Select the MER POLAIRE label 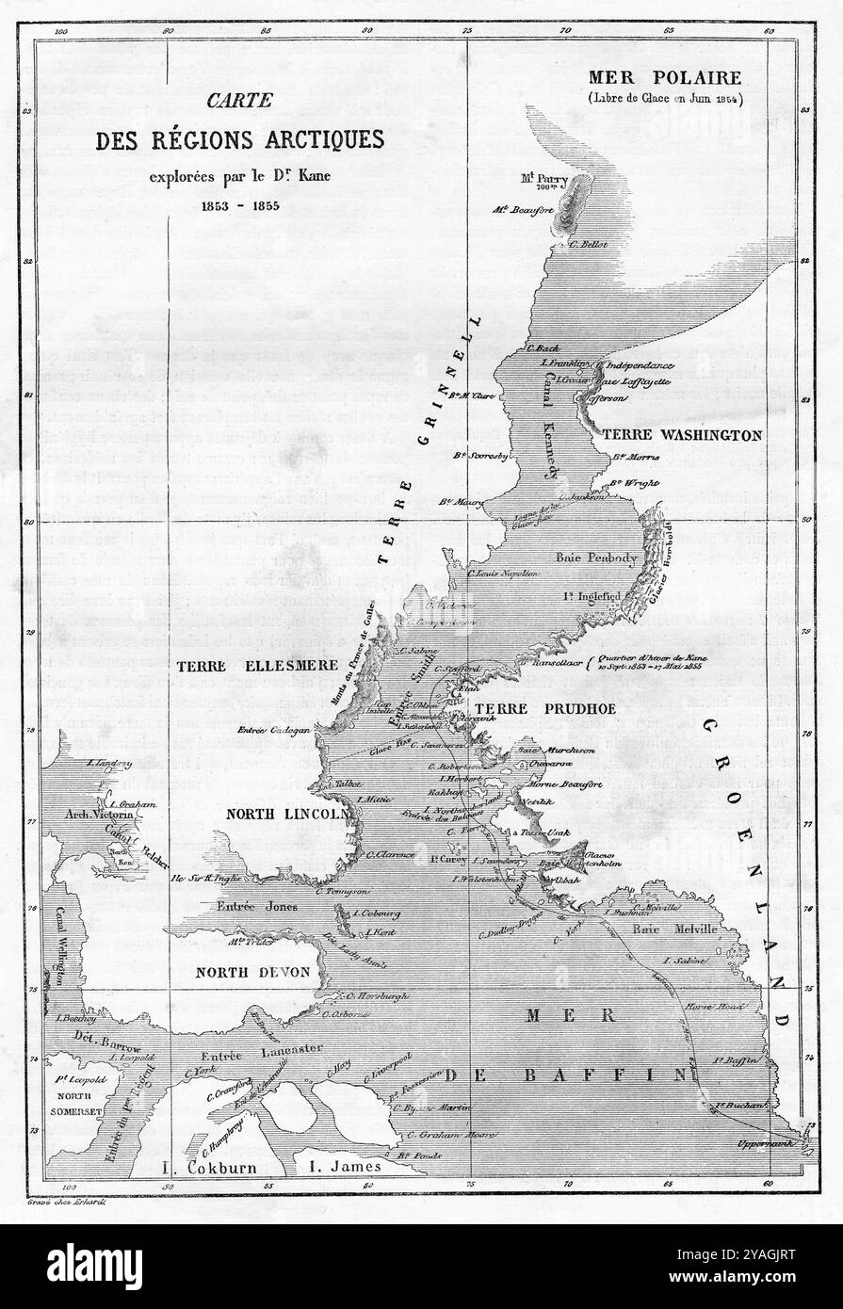[x=664, y=77]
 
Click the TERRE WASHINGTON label [x=681, y=435]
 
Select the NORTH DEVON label [x=251, y=973]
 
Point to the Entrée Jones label [x=257, y=906]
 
